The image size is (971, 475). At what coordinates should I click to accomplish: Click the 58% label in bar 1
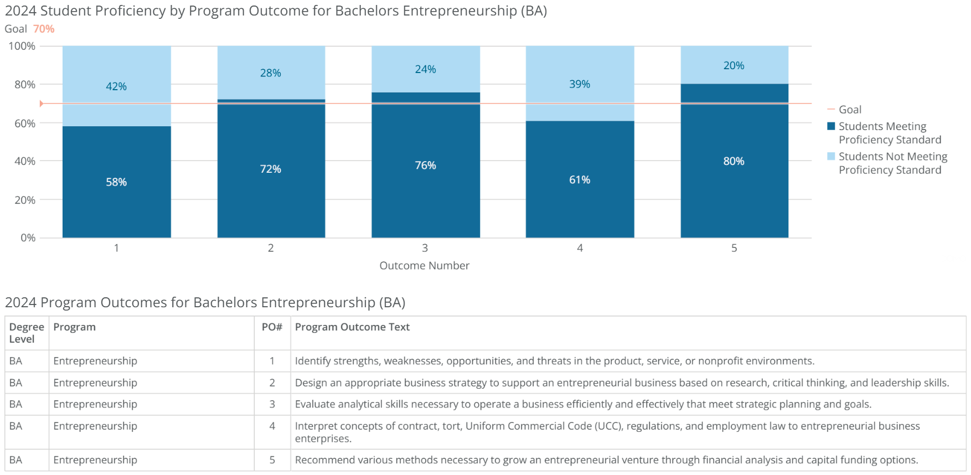[116, 182]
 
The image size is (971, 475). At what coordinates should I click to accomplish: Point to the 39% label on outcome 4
[580, 84]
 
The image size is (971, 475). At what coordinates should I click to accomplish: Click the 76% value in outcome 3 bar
[425, 166]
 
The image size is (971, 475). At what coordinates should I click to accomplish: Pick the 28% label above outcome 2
[271, 73]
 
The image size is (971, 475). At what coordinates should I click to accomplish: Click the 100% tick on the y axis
[22, 47]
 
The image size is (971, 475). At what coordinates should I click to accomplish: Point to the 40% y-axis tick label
[24, 161]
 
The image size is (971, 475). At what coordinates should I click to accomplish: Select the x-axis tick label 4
[580, 248]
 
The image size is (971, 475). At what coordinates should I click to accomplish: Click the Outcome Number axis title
[424, 266]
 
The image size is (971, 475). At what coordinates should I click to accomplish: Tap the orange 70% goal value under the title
[44, 29]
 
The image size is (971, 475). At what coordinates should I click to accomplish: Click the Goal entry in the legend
[850, 110]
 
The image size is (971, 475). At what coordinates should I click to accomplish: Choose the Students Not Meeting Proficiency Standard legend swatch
[831, 157]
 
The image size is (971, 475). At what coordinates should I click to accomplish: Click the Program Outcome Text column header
[352, 327]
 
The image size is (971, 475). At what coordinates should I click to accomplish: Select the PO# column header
[272, 327]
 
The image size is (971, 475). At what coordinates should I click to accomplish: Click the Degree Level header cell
[26, 333]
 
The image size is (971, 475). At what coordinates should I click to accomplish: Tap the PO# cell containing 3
[272, 404]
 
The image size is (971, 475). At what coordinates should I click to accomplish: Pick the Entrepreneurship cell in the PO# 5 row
[95, 460]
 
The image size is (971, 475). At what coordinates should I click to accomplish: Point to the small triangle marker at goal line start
[42, 104]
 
